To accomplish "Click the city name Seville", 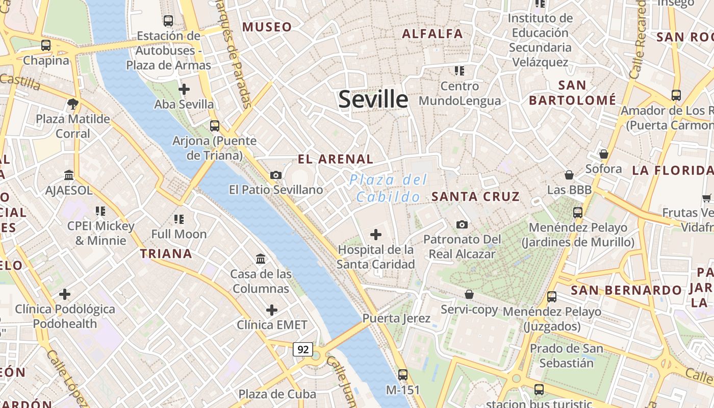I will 373,99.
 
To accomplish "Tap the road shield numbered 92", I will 303,349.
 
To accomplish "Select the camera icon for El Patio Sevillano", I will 276,175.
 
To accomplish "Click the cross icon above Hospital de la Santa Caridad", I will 376,235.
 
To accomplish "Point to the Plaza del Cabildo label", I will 389,188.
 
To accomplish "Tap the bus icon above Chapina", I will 46,45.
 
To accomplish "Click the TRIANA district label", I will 166,253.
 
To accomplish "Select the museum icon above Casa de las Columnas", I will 261,259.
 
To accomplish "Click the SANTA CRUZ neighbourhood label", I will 475,196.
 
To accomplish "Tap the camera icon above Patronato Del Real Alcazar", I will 462,224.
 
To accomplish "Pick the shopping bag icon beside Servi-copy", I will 469,294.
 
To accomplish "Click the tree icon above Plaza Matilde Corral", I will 72,104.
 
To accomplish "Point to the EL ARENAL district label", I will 336,159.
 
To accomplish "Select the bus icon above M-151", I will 403,375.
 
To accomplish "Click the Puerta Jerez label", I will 396,318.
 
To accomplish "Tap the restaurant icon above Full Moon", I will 178,219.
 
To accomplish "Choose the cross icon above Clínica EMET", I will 272,310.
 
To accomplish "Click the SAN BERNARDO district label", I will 626,291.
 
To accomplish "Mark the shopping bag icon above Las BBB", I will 569,175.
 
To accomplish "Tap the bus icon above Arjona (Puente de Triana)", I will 215,125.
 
